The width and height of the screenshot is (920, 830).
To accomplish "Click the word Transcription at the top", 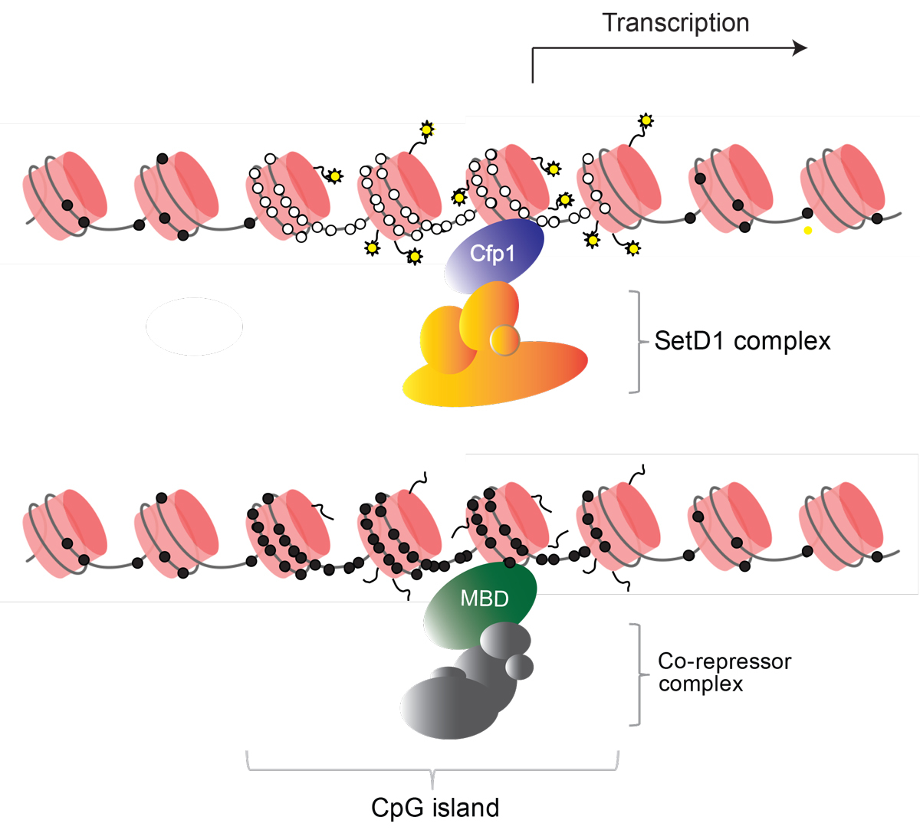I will click(675, 23).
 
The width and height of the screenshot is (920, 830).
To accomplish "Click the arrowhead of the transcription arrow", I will click(800, 48).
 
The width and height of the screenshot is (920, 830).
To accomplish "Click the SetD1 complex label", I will click(742, 341).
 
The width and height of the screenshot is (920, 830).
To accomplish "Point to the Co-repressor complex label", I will click(724, 672).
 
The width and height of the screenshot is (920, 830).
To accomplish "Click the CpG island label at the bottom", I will click(435, 808).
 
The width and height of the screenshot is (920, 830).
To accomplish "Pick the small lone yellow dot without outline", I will click(808, 230).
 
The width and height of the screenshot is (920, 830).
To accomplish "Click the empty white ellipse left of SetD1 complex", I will click(195, 326).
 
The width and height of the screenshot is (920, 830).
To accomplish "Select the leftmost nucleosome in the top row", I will click(65, 192).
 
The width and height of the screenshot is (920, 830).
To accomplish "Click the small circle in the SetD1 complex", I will click(505, 339).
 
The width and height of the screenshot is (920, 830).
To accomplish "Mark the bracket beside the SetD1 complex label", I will click(636, 342).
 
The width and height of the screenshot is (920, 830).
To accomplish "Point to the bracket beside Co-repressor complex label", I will click(636, 674).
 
